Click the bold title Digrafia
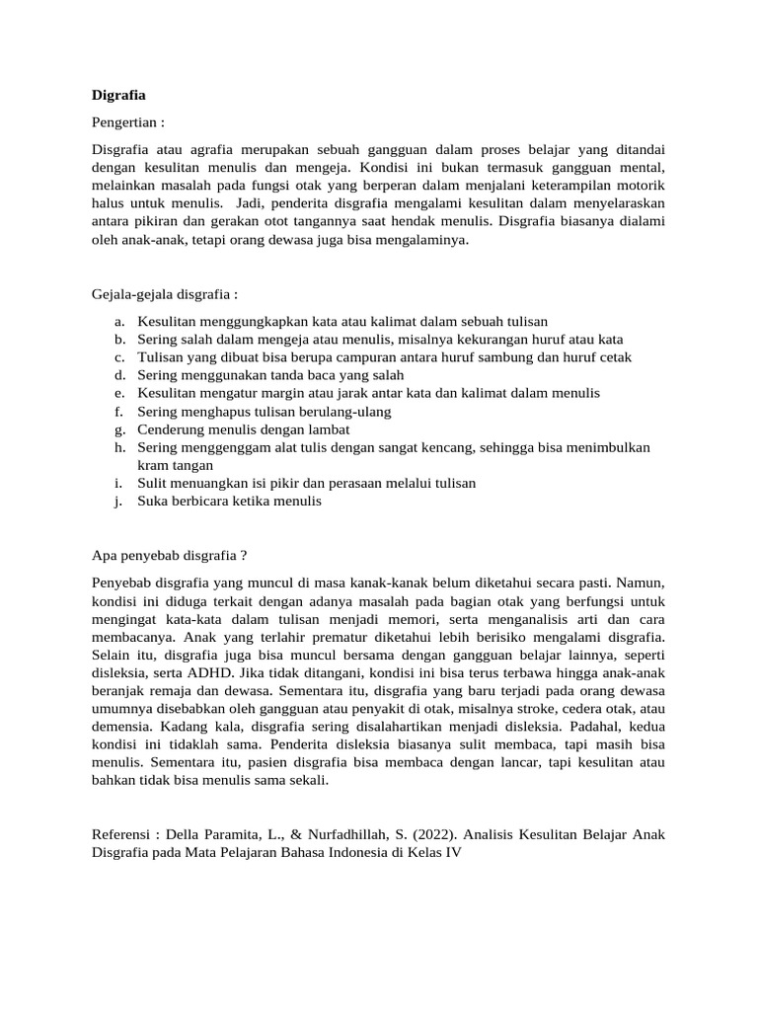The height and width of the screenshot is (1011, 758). pyautogui.click(x=118, y=96)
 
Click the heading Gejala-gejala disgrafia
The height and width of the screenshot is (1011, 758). pyautogui.click(x=164, y=294)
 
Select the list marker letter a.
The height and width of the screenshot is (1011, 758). pyautogui.click(x=118, y=321)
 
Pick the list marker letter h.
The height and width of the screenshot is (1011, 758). pyautogui.click(x=118, y=447)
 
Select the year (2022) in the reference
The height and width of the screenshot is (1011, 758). pyautogui.click(x=432, y=833)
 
